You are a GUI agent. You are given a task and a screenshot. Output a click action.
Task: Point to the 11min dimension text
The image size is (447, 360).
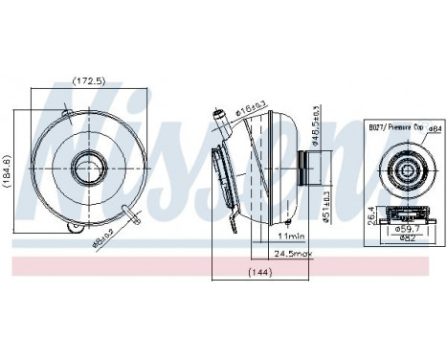pos(290,236)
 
